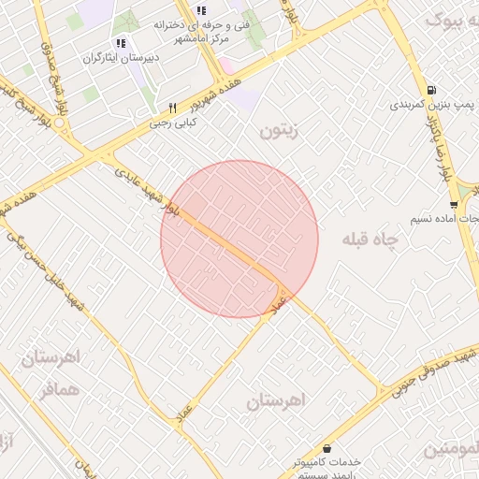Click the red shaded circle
[239, 239]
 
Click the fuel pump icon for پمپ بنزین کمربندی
[429, 91]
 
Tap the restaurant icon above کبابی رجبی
[172, 108]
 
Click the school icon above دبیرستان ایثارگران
[120, 43]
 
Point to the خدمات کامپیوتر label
[327, 462]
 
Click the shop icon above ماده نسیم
[454, 205]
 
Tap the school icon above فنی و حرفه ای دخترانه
[199, 11]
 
